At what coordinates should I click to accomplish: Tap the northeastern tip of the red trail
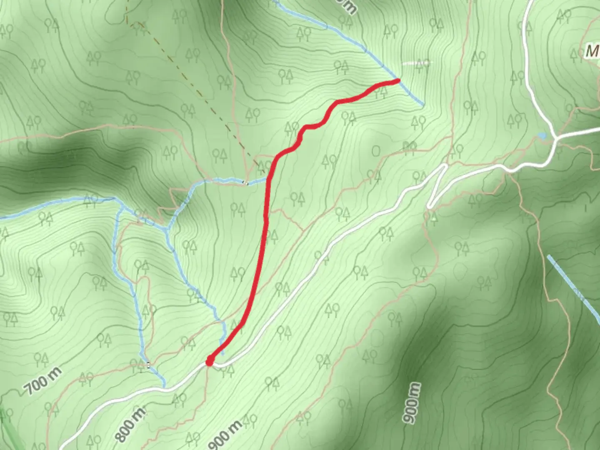(x=398, y=80)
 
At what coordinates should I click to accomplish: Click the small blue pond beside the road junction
(x=542, y=135)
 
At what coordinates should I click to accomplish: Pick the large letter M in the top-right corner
(x=592, y=52)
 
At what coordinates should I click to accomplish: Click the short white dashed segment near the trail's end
(x=417, y=63)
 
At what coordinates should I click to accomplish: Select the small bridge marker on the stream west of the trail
(x=246, y=182)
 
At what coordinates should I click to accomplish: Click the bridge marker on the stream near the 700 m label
(x=148, y=365)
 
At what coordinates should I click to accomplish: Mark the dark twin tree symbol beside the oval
(x=410, y=145)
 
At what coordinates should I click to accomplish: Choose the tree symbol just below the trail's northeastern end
(x=380, y=93)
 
